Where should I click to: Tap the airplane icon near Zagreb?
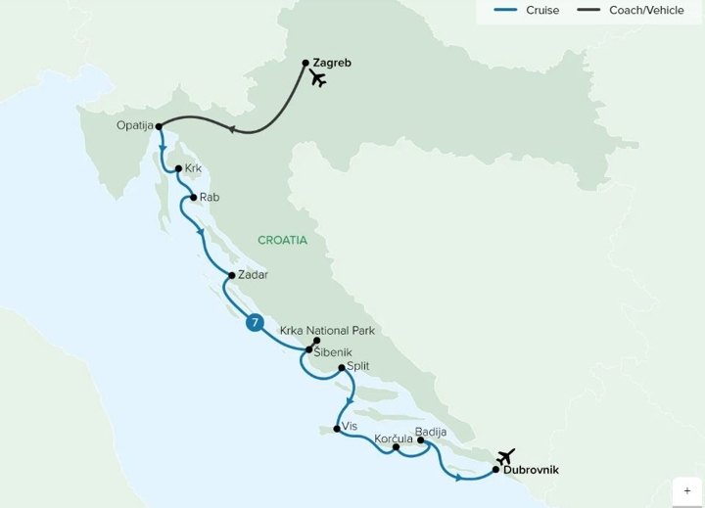[317, 79]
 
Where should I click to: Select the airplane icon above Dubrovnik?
[505, 456]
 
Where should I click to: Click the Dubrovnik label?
[531, 471]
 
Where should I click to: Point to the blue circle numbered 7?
[255, 323]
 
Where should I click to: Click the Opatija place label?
[135, 125]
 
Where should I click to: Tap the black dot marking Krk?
[177, 168]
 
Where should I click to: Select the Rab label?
[210, 198]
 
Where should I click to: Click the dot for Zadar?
[231, 275]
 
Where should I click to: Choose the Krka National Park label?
[327, 331]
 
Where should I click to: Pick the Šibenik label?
[334, 351]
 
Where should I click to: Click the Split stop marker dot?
[341, 368]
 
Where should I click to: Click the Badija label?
[431, 432]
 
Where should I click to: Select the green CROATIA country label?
[282, 240]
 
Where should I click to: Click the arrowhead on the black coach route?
[231, 130]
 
